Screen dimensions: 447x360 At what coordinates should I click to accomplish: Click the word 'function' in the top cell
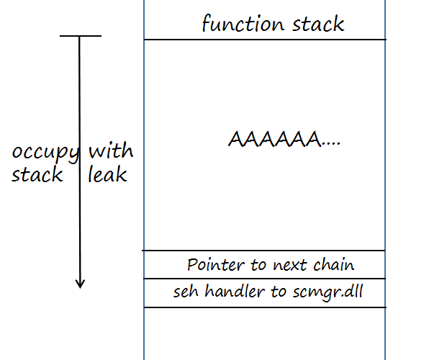pyautogui.click(x=243, y=23)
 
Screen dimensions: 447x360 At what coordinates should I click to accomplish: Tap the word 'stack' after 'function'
pyautogui.click(x=318, y=24)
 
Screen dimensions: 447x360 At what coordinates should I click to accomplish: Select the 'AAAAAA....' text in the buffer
pyautogui.click(x=284, y=139)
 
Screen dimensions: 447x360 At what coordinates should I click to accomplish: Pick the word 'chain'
pyautogui.click(x=334, y=264)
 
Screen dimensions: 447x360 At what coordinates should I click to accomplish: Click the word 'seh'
pyautogui.click(x=186, y=292)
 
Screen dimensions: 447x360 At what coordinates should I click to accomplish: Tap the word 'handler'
pyautogui.click(x=235, y=292)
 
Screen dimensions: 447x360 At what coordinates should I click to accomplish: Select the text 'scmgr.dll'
pyautogui.click(x=328, y=292)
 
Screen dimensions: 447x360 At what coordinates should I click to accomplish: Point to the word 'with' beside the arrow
pyautogui.click(x=111, y=150)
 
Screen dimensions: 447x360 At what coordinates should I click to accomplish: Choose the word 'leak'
pyautogui.click(x=107, y=174)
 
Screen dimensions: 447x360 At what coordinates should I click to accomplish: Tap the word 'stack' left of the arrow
pyautogui.click(x=37, y=174)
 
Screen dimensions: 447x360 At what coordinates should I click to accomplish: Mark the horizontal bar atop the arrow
pyautogui.click(x=81, y=36)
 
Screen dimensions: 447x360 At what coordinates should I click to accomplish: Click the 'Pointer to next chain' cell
pyautogui.click(x=265, y=265)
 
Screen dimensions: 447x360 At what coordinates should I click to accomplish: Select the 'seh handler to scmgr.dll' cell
pyautogui.click(x=265, y=293)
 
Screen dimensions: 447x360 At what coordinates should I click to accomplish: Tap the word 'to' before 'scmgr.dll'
pyautogui.click(x=279, y=292)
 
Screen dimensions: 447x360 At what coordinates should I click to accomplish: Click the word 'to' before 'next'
pyautogui.click(x=258, y=265)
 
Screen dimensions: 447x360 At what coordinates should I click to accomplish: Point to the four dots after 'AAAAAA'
pyautogui.click(x=331, y=145)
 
